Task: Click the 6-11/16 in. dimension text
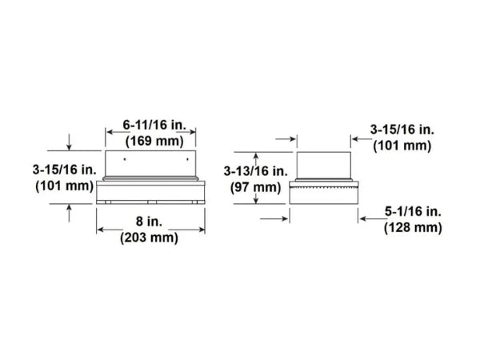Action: (154, 125)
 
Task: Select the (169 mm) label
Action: (154, 141)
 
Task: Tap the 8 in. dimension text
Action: (149, 222)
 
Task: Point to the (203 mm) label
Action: (149, 238)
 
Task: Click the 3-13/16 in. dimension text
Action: (256, 171)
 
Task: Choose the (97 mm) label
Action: (256, 187)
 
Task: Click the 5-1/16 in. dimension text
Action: (413, 211)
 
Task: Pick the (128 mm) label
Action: (413, 228)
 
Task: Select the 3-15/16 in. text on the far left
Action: (65, 170)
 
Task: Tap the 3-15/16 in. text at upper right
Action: (402, 130)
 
